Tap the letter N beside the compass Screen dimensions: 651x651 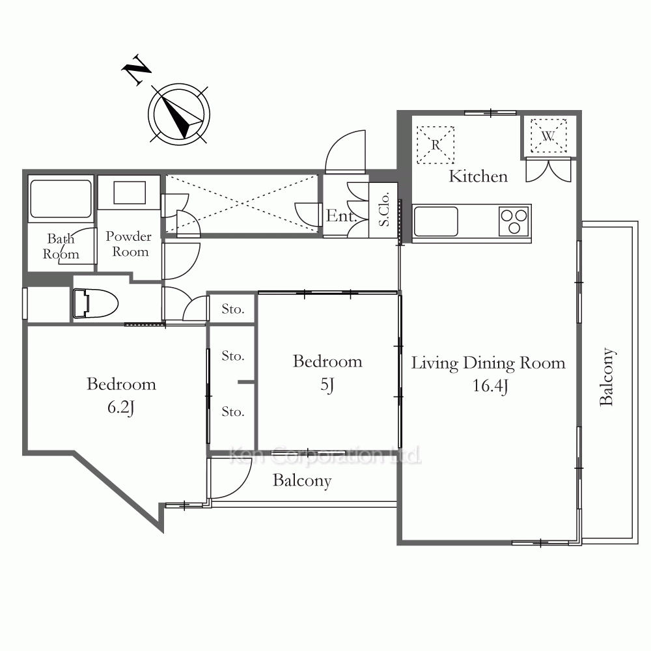click(136, 70)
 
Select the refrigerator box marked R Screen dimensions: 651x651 click(435, 145)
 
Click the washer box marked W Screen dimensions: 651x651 click(548, 136)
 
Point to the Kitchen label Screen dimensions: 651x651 click(478, 176)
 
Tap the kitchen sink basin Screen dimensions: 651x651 click(436, 222)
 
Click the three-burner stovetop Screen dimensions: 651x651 click(514, 222)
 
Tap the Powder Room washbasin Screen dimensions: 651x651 click(130, 193)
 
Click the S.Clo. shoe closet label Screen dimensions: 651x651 click(384, 209)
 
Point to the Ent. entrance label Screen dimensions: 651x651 click(341, 215)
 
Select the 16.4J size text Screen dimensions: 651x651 click(490, 386)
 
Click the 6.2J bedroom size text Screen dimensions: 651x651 click(121, 408)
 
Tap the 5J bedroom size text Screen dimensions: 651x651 click(327, 385)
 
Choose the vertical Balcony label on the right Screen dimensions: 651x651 click(607, 376)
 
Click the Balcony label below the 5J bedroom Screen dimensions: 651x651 click(302, 481)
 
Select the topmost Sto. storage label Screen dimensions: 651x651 click(232, 309)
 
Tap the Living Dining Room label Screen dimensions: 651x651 click(488, 363)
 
